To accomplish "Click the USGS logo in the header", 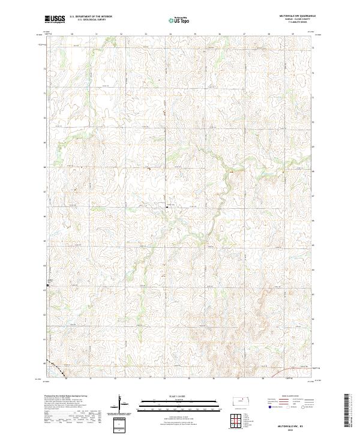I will pyautogui.click(x=55, y=19).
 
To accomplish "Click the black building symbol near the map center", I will pyautogui.click(x=167, y=206).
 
